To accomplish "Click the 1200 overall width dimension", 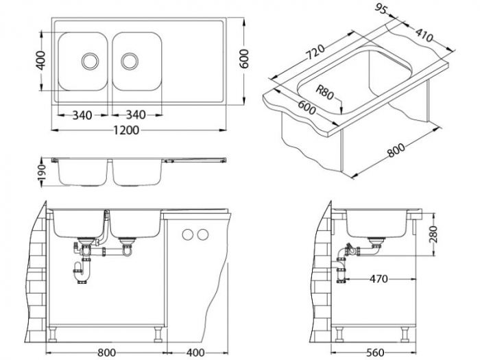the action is [126, 130].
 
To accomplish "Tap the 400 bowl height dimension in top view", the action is [40, 60].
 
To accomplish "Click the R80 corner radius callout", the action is [324, 93].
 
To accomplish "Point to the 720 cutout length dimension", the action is [315, 52].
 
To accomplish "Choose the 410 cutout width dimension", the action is [424, 34].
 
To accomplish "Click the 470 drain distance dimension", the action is [379, 279].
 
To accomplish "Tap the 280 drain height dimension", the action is [433, 235].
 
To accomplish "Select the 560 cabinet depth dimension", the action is [375, 352].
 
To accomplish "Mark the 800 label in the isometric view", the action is [396, 149].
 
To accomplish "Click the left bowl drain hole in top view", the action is [90, 61].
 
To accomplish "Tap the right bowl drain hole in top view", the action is [130, 61].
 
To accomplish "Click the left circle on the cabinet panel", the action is [187, 235].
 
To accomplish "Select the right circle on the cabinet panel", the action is [202, 235].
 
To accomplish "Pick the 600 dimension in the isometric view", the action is [307, 108].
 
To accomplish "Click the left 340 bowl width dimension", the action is [82, 115].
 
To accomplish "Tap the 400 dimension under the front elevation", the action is [195, 352].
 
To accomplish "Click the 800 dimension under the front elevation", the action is [106, 352].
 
